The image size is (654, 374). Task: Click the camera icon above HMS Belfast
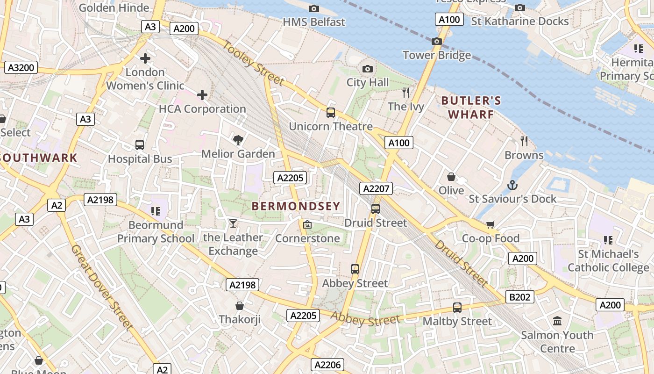tap(314, 8)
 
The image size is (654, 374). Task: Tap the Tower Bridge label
tap(437, 55)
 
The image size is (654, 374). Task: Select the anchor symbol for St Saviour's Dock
tap(512, 185)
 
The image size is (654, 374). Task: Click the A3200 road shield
tap(21, 67)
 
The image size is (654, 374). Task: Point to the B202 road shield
tap(519, 297)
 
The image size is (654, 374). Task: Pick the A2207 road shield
tap(376, 188)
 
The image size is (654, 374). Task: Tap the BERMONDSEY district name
tap(296, 206)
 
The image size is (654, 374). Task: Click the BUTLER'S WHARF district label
tap(471, 108)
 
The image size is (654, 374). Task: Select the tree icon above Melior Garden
tap(238, 140)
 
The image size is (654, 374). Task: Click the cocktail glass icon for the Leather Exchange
tap(233, 223)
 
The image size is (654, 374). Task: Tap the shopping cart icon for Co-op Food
tap(490, 225)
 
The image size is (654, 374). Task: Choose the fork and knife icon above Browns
tap(524, 141)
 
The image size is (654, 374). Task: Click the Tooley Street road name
tap(253, 64)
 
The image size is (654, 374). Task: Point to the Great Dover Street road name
tap(102, 288)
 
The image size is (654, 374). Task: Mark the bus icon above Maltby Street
tap(457, 308)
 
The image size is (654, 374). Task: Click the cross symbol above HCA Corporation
tap(202, 95)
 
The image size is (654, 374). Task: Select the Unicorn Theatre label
tap(331, 126)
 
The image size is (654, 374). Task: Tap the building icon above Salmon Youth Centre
tap(557, 321)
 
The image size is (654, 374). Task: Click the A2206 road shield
tap(327, 365)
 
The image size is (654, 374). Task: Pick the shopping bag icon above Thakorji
tap(240, 306)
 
